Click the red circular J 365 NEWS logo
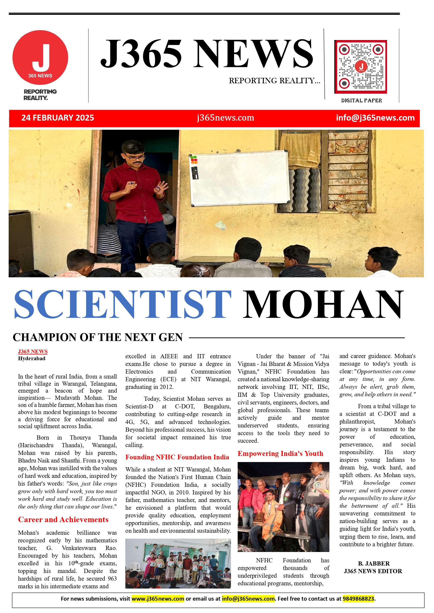[40, 57]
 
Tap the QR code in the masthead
[361, 67]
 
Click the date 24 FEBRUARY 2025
[58, 118]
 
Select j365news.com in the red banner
[225, 118]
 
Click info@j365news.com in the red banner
[375, 118]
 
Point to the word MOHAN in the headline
[323, 304]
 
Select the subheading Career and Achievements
[63, 520]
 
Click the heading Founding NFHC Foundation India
[177, 457]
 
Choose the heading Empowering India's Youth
[280, 453]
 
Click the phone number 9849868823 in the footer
[358, 599]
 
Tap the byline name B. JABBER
[374, 563]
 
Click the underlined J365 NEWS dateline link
[33, 351]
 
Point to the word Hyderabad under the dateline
[32, 358]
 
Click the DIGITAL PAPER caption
[361, 100]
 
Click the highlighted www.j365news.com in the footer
[158, 599]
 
